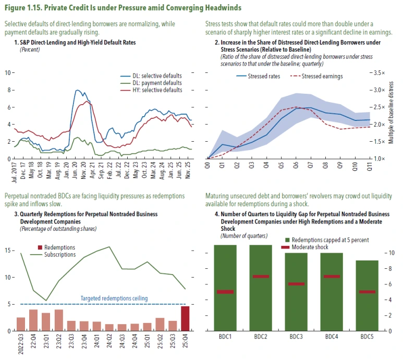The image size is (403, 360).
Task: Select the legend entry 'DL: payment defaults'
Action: (160, 83)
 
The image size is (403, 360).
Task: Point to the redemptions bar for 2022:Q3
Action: (21, 324)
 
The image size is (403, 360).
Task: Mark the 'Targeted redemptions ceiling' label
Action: (114, 299)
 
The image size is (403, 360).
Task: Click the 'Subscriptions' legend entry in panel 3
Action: (58, 255)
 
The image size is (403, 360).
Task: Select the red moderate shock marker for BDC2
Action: (260, 276)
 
